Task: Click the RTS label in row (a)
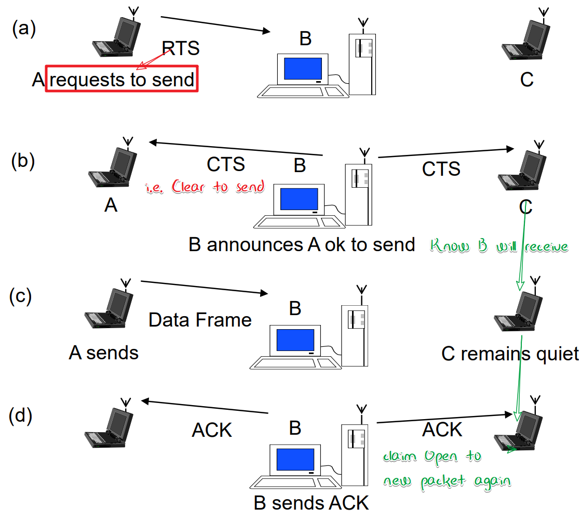point(181,48)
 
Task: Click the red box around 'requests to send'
point(122,80)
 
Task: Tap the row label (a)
point(24,29)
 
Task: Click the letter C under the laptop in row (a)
point(526,80)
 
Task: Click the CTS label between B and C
point(441,169)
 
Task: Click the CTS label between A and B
point(226,164)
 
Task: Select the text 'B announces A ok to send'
point(302,244)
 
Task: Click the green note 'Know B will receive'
point(499,246)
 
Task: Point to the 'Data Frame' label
point(200,320)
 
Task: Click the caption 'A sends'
point(104,353)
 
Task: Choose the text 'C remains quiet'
point(510,354)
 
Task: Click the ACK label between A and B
point(212,431)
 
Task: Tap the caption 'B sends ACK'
point(312,503)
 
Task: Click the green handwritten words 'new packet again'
point(447,481)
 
